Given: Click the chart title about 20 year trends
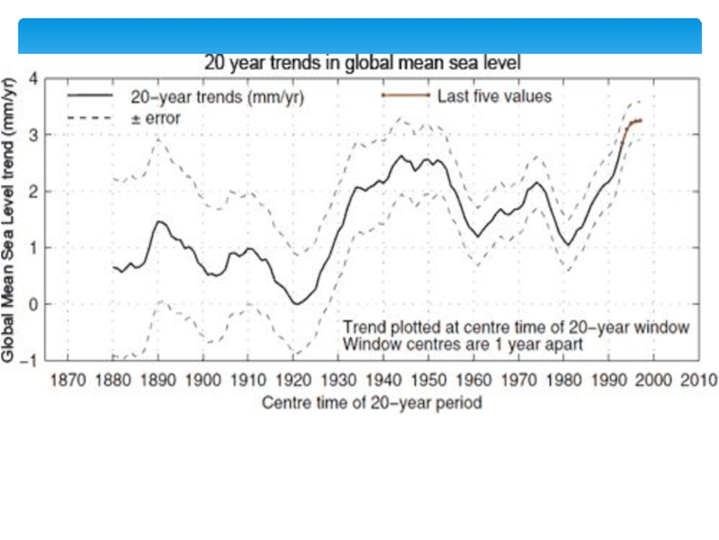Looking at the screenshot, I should (363, 63).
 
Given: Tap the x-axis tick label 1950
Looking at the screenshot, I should (431, 379).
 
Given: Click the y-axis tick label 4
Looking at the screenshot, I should (33, 78).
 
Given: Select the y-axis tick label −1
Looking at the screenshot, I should (31, 360).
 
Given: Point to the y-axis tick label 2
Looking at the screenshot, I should (33, 191).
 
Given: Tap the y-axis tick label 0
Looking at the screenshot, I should (33, 304).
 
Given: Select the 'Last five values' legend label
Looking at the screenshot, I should (494, 94).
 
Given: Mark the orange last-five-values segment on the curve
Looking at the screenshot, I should (633, 122).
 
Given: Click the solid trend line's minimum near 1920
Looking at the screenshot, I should (297, 303).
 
